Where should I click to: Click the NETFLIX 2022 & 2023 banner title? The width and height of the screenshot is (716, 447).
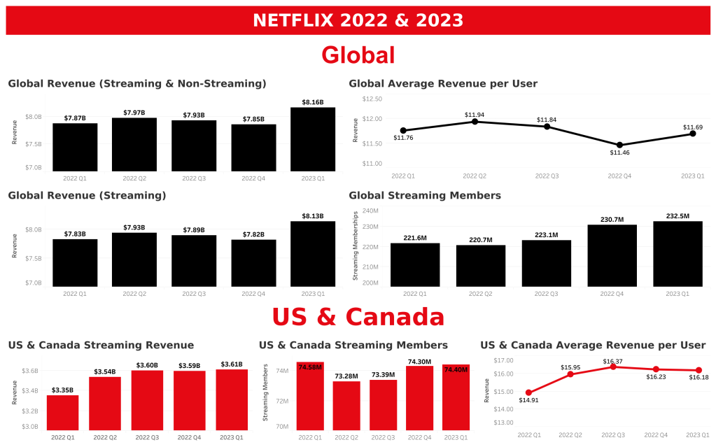358,20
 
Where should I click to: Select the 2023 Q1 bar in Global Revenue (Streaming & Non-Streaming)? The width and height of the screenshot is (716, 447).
313,139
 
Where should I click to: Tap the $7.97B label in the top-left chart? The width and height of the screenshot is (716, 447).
134,113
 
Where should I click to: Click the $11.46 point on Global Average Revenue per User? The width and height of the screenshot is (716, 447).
619,145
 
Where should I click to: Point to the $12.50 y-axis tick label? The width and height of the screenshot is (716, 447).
372,99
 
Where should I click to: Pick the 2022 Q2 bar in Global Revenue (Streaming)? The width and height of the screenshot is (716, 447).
134,260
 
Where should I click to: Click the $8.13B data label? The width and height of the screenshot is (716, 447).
313,216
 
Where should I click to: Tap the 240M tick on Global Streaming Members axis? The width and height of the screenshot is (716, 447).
370,211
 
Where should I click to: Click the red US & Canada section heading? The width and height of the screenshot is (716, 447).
358,317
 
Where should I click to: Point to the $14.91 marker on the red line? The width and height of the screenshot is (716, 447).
528,392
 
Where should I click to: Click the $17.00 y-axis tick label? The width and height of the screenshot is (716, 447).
504,360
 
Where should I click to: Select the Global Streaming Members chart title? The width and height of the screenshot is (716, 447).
425,196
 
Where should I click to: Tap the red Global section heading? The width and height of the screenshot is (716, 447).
358,55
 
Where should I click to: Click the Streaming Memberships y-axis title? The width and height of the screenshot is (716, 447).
356,246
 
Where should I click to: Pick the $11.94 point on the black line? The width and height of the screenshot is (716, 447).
475,122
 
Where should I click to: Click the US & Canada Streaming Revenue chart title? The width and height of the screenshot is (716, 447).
101,345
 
